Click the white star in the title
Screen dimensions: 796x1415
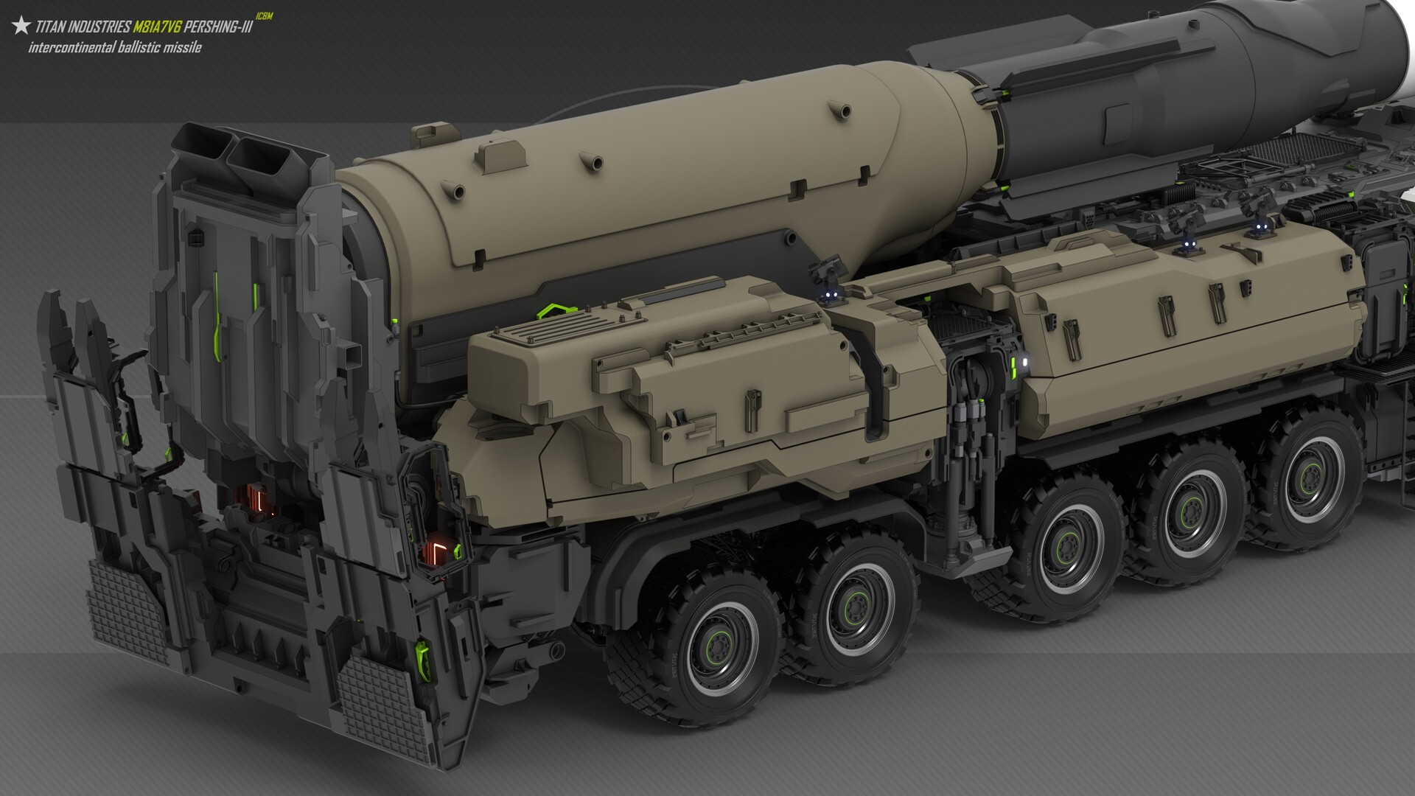click(x=21, y=27)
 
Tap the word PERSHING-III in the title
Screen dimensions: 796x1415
click(x=219, y=28)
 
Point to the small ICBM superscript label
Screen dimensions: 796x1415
click(x=264, y=16)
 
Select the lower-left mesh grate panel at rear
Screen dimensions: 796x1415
click(x=122, y=609)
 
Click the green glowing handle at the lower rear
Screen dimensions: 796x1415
click(x=423, y=652)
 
